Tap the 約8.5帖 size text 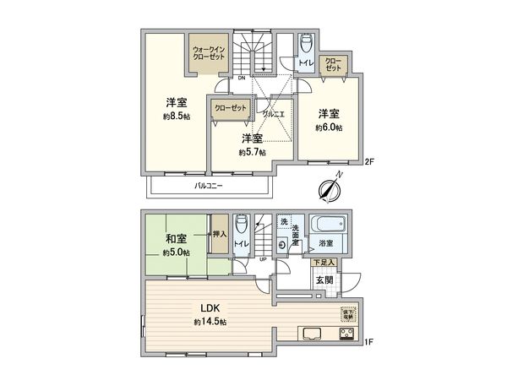[x=176, y=117]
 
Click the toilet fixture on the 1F [x=242, y=226]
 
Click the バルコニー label [x=208, y=185]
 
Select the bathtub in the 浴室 [x=329, y=227]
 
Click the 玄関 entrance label [x=324, y=280]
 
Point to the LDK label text [x=208, y=307]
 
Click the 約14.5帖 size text [x=208, y=323]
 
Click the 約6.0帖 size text [x=329, y=128]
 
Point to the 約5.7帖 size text [x=252, y=152]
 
